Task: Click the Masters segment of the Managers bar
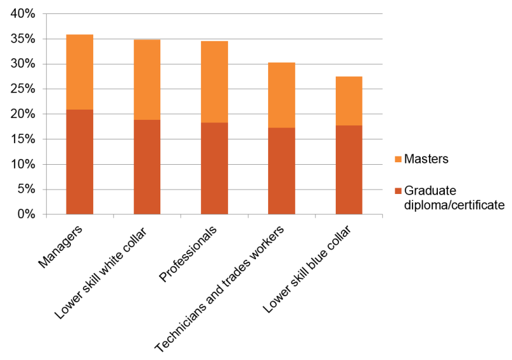pos(80,72)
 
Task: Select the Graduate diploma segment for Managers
pos(80,162)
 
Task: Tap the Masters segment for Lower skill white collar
pos(147,80)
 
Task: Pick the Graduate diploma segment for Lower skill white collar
pos(147,167)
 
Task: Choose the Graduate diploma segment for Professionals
pos(214,169)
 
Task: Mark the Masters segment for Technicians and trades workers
pos(281,95)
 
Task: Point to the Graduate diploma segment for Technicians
pos(281,171)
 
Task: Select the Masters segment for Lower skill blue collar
pos(349,101)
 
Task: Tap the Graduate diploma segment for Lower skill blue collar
pos(349,170)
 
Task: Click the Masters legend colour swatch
pos(397,160)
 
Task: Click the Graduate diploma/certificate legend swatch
pos(397,191)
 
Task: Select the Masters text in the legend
pos(426,159)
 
